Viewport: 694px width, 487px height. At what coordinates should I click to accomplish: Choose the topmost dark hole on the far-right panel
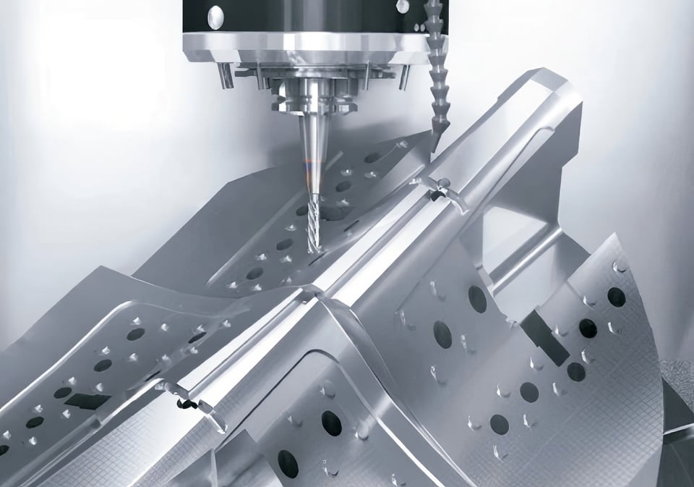616,297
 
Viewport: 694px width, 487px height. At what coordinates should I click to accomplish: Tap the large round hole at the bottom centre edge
288,464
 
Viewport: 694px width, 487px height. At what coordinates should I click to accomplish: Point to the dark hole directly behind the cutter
332,213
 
